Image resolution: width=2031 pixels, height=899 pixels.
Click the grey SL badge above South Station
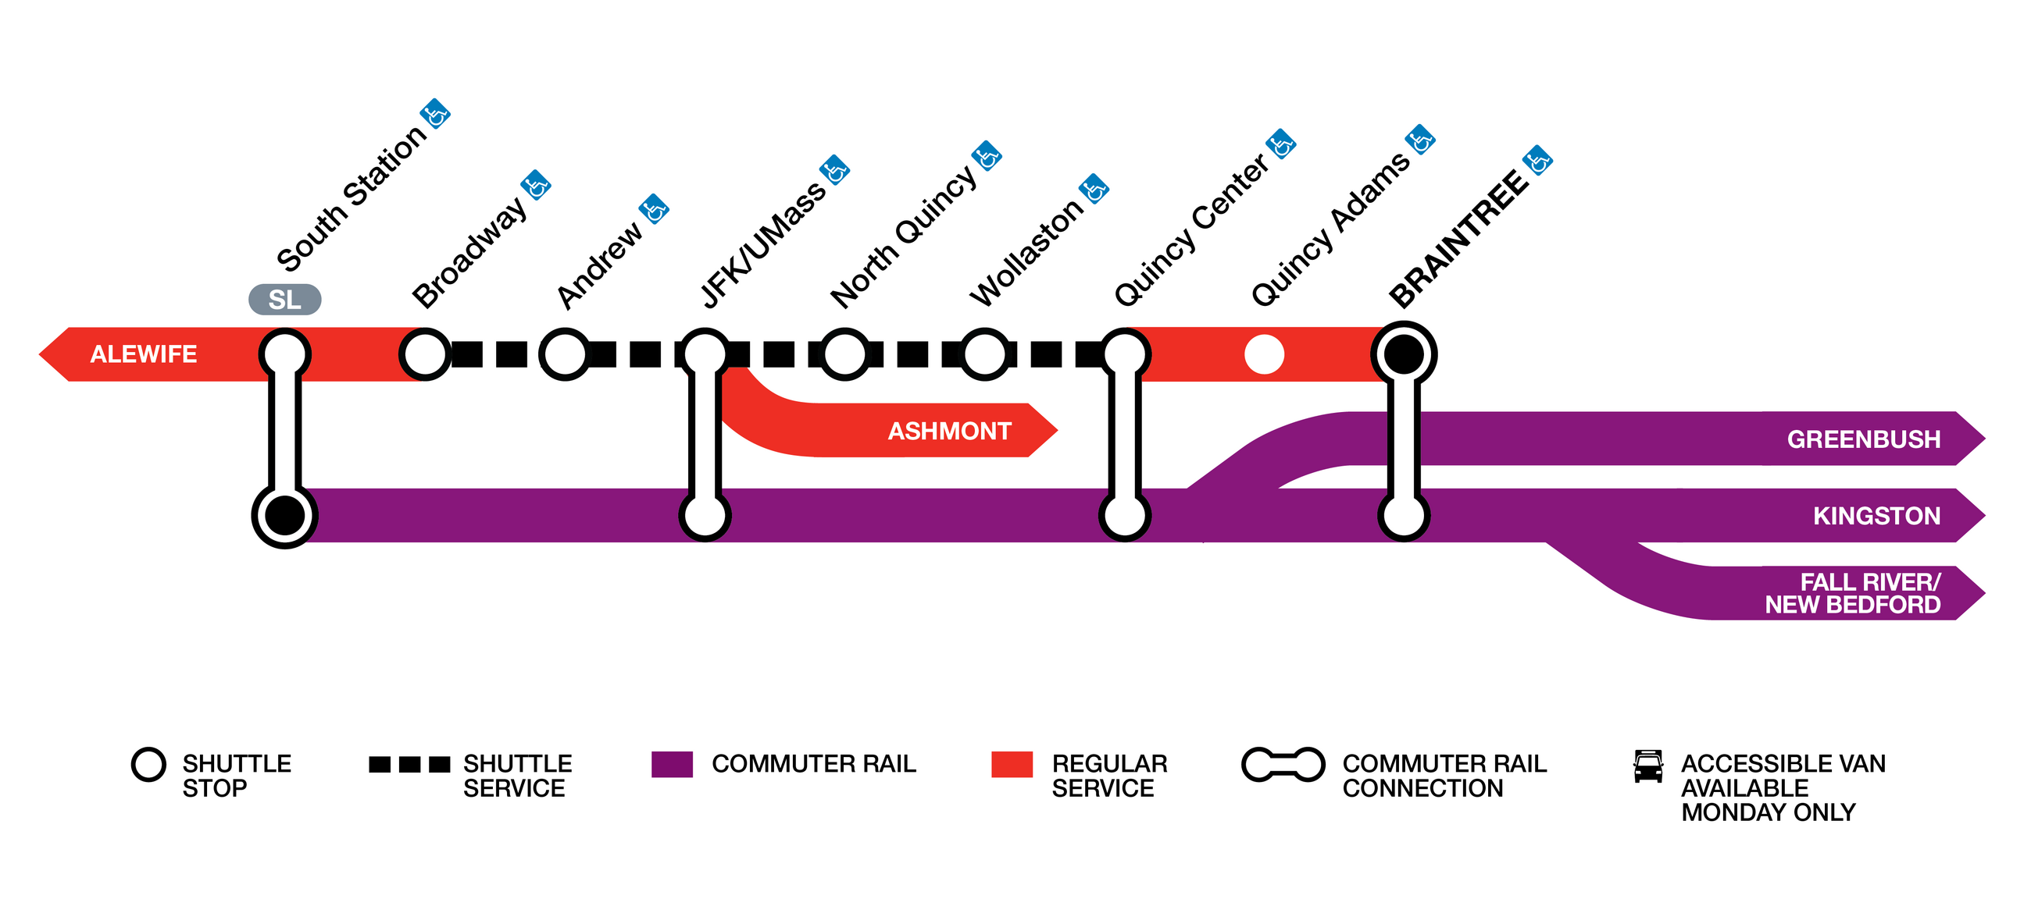click(x=284, y=300)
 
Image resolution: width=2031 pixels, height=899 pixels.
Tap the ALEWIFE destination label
click(x=144, y=354)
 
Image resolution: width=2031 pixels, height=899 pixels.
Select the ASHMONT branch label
click(x=949, y=431)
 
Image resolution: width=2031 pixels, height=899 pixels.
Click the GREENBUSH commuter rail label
click(x=1863, y=439)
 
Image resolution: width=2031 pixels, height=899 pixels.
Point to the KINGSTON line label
click(x=1876, y=515)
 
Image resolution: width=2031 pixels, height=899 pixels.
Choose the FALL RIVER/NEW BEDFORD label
click(x=1852, y=593)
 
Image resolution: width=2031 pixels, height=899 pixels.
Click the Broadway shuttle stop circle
click(x=425, y=354)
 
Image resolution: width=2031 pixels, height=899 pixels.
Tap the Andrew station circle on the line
click(x=565, y=354)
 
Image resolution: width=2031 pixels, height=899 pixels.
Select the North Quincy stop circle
click(x=844, y=354)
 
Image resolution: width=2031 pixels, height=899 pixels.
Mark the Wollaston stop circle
click(x=984, y=354)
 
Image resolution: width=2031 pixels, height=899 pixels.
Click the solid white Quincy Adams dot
click(x=1264, y=354)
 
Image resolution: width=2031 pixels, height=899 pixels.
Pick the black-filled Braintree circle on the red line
click(x=1404, y=354)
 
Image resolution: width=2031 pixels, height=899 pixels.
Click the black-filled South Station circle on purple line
click(x=284, y=515)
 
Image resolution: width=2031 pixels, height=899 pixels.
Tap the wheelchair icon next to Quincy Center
click(x=1281, y=144)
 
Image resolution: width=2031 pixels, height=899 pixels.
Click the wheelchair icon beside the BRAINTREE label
click(x=1537, y=161)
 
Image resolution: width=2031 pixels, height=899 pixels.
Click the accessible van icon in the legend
click(x=1647, y=766)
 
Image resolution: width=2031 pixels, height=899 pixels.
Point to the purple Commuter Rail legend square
click(x=672, y=764)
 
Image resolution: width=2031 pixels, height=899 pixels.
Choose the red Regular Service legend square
click(x=1012, y=764)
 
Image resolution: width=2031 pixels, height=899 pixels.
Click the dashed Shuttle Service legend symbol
click(x=409, y=764)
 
